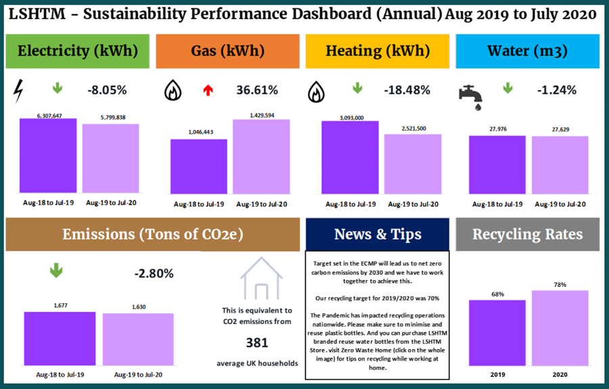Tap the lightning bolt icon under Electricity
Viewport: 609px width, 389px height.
[x=21, y=90]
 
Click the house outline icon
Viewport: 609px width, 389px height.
[x=262, y=283]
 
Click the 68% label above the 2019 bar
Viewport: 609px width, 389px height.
[x=497, y=294]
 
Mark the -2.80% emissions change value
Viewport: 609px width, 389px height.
[x=154, y=273]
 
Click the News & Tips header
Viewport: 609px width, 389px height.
[x=378, y=234]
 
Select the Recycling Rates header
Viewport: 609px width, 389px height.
[x=527, y=234]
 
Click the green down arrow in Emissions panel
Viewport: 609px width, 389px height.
[x=56, y=271]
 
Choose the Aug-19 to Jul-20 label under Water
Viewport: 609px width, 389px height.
[x=560, y=204]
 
